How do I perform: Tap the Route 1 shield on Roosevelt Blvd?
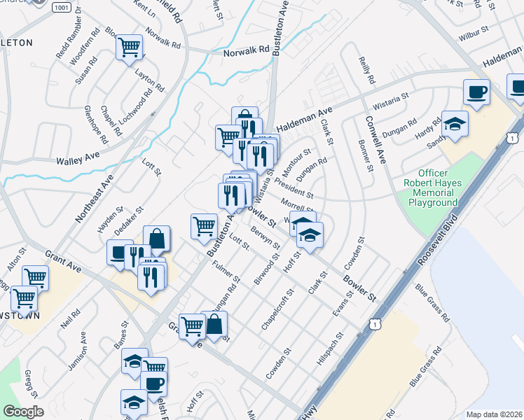pos(377,324)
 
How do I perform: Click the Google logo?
pos(23,412)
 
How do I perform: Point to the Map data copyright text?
pos(493,414)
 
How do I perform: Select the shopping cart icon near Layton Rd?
pos(130,48)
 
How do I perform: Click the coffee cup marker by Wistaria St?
pos(476,92)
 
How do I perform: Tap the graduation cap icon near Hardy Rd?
pos(455,124)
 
